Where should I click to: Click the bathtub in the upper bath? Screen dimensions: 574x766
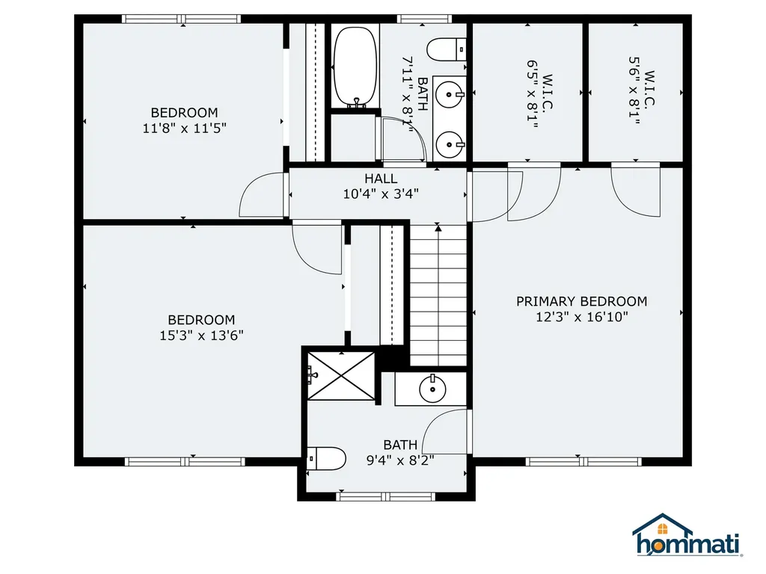pyautogui.click(x=355, y=67)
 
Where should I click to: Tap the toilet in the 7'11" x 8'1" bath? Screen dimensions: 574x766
pyautogui.click(x=447, y=49)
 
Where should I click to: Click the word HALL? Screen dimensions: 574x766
pyautogui.click(x=381, y=179)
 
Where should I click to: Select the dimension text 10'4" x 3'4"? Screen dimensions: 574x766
pyautogui.click(x=381, y=194)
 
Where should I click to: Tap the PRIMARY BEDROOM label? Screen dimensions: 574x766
pyautogui.click(x=581, y=301)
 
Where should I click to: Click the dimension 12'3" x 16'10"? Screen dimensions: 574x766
pyautogui.click(x=581, y=317)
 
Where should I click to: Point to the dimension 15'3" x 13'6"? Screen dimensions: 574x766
pyautogui.click(x=200, y=336)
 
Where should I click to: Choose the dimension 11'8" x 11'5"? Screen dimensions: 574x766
pyautogui.click(x=184, y=128)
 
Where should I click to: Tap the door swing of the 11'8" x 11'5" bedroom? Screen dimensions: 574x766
pyautogui.click(x=262, y=196)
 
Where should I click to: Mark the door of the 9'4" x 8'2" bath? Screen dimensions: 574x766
pyautogui.click(x=447, y=432)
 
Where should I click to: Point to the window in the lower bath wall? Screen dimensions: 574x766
pyautogui.click(x=385, y=496)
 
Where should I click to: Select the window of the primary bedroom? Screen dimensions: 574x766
pyautogui.click(x=573, y=461)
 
